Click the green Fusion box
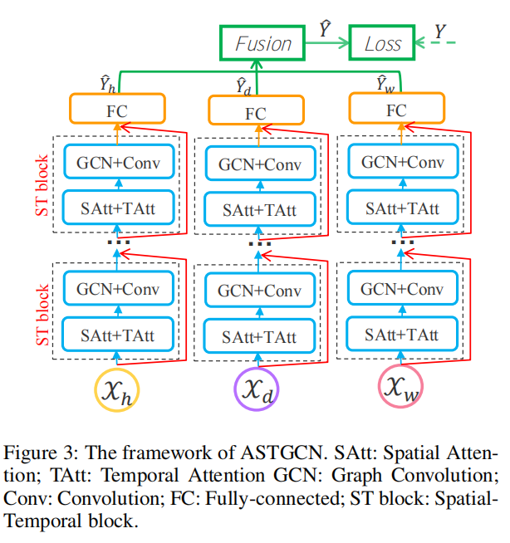[x=263, y=43]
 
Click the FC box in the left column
[x=117, y=108]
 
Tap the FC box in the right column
[x=398, y=109]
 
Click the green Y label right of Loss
[x=440, y=34]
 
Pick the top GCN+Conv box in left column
[x=118, y=163]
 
